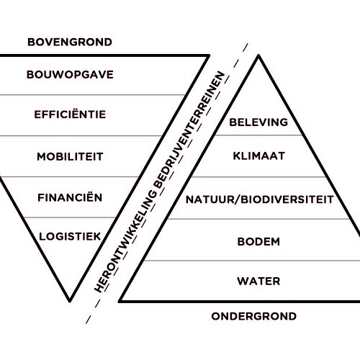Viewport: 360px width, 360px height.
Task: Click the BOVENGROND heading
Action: point(70,42)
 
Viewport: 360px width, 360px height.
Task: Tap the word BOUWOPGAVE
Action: point(70,75)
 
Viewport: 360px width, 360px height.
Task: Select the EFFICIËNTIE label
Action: point(70,114)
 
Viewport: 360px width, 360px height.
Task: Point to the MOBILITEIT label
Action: point(70,157)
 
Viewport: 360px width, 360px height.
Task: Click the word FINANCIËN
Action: point(70,197)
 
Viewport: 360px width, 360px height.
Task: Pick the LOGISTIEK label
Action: point(70,237)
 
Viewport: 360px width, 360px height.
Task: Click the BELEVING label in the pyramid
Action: point(258,122)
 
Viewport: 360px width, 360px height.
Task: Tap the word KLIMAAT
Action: point(258,156)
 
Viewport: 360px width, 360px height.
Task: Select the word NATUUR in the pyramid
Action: point(211,199)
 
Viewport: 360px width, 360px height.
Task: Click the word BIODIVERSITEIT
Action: point(287,199)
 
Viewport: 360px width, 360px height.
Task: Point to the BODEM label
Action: point(258,242)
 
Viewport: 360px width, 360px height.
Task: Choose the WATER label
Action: point(258,282)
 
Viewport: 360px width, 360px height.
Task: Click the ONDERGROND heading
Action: point(253,316)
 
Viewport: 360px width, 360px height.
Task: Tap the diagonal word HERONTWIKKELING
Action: point(125,240)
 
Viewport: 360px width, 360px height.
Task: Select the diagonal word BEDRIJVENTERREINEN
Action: point(189,130)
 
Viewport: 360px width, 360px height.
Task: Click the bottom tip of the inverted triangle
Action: point(70,301)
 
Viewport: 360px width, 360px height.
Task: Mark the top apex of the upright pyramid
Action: point(258,55)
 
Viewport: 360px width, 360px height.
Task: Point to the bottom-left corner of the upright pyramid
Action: point(120,301)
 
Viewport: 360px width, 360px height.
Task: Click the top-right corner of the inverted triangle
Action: point(209,55)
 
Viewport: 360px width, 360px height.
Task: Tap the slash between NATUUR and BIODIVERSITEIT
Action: point(239,199)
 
